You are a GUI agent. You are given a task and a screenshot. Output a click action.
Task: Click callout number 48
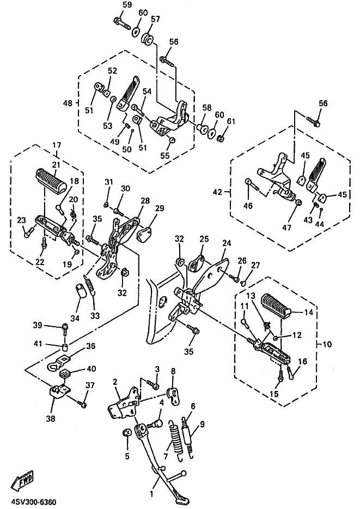tap(68, 103)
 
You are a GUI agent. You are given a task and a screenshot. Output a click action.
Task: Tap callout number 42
tap(217, 192)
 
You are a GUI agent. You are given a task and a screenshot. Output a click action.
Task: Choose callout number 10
tap(327, 344)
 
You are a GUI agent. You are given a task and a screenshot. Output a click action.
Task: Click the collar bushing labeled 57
tap(147, 40)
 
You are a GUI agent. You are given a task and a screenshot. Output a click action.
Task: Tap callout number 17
tap(57, 145)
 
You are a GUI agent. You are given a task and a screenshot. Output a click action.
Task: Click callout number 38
tap(51, 419)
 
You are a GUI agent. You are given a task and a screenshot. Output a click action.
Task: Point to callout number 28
tap(145, 201)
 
